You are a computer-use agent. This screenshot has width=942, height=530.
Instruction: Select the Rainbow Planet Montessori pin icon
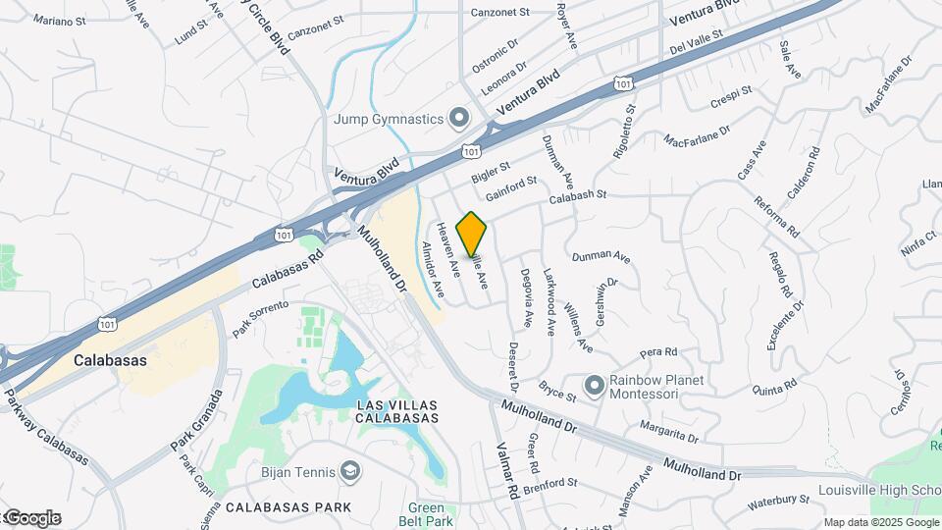pos(594,387)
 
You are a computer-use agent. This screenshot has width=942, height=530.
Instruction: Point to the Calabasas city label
pos(110,360)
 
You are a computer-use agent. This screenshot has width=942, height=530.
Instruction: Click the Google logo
pos(31,518)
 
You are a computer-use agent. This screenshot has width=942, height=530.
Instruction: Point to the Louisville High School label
pos(879,490)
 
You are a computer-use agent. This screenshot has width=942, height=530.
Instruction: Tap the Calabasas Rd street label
pos(287,267)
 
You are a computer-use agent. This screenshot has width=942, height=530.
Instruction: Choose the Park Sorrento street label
pos(260,319)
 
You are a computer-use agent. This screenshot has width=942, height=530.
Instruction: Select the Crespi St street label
pos(730,96)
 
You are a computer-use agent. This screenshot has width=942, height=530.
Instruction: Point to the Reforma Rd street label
pos(777,214)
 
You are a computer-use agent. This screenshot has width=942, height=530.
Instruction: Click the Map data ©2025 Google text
pos(881,522)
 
